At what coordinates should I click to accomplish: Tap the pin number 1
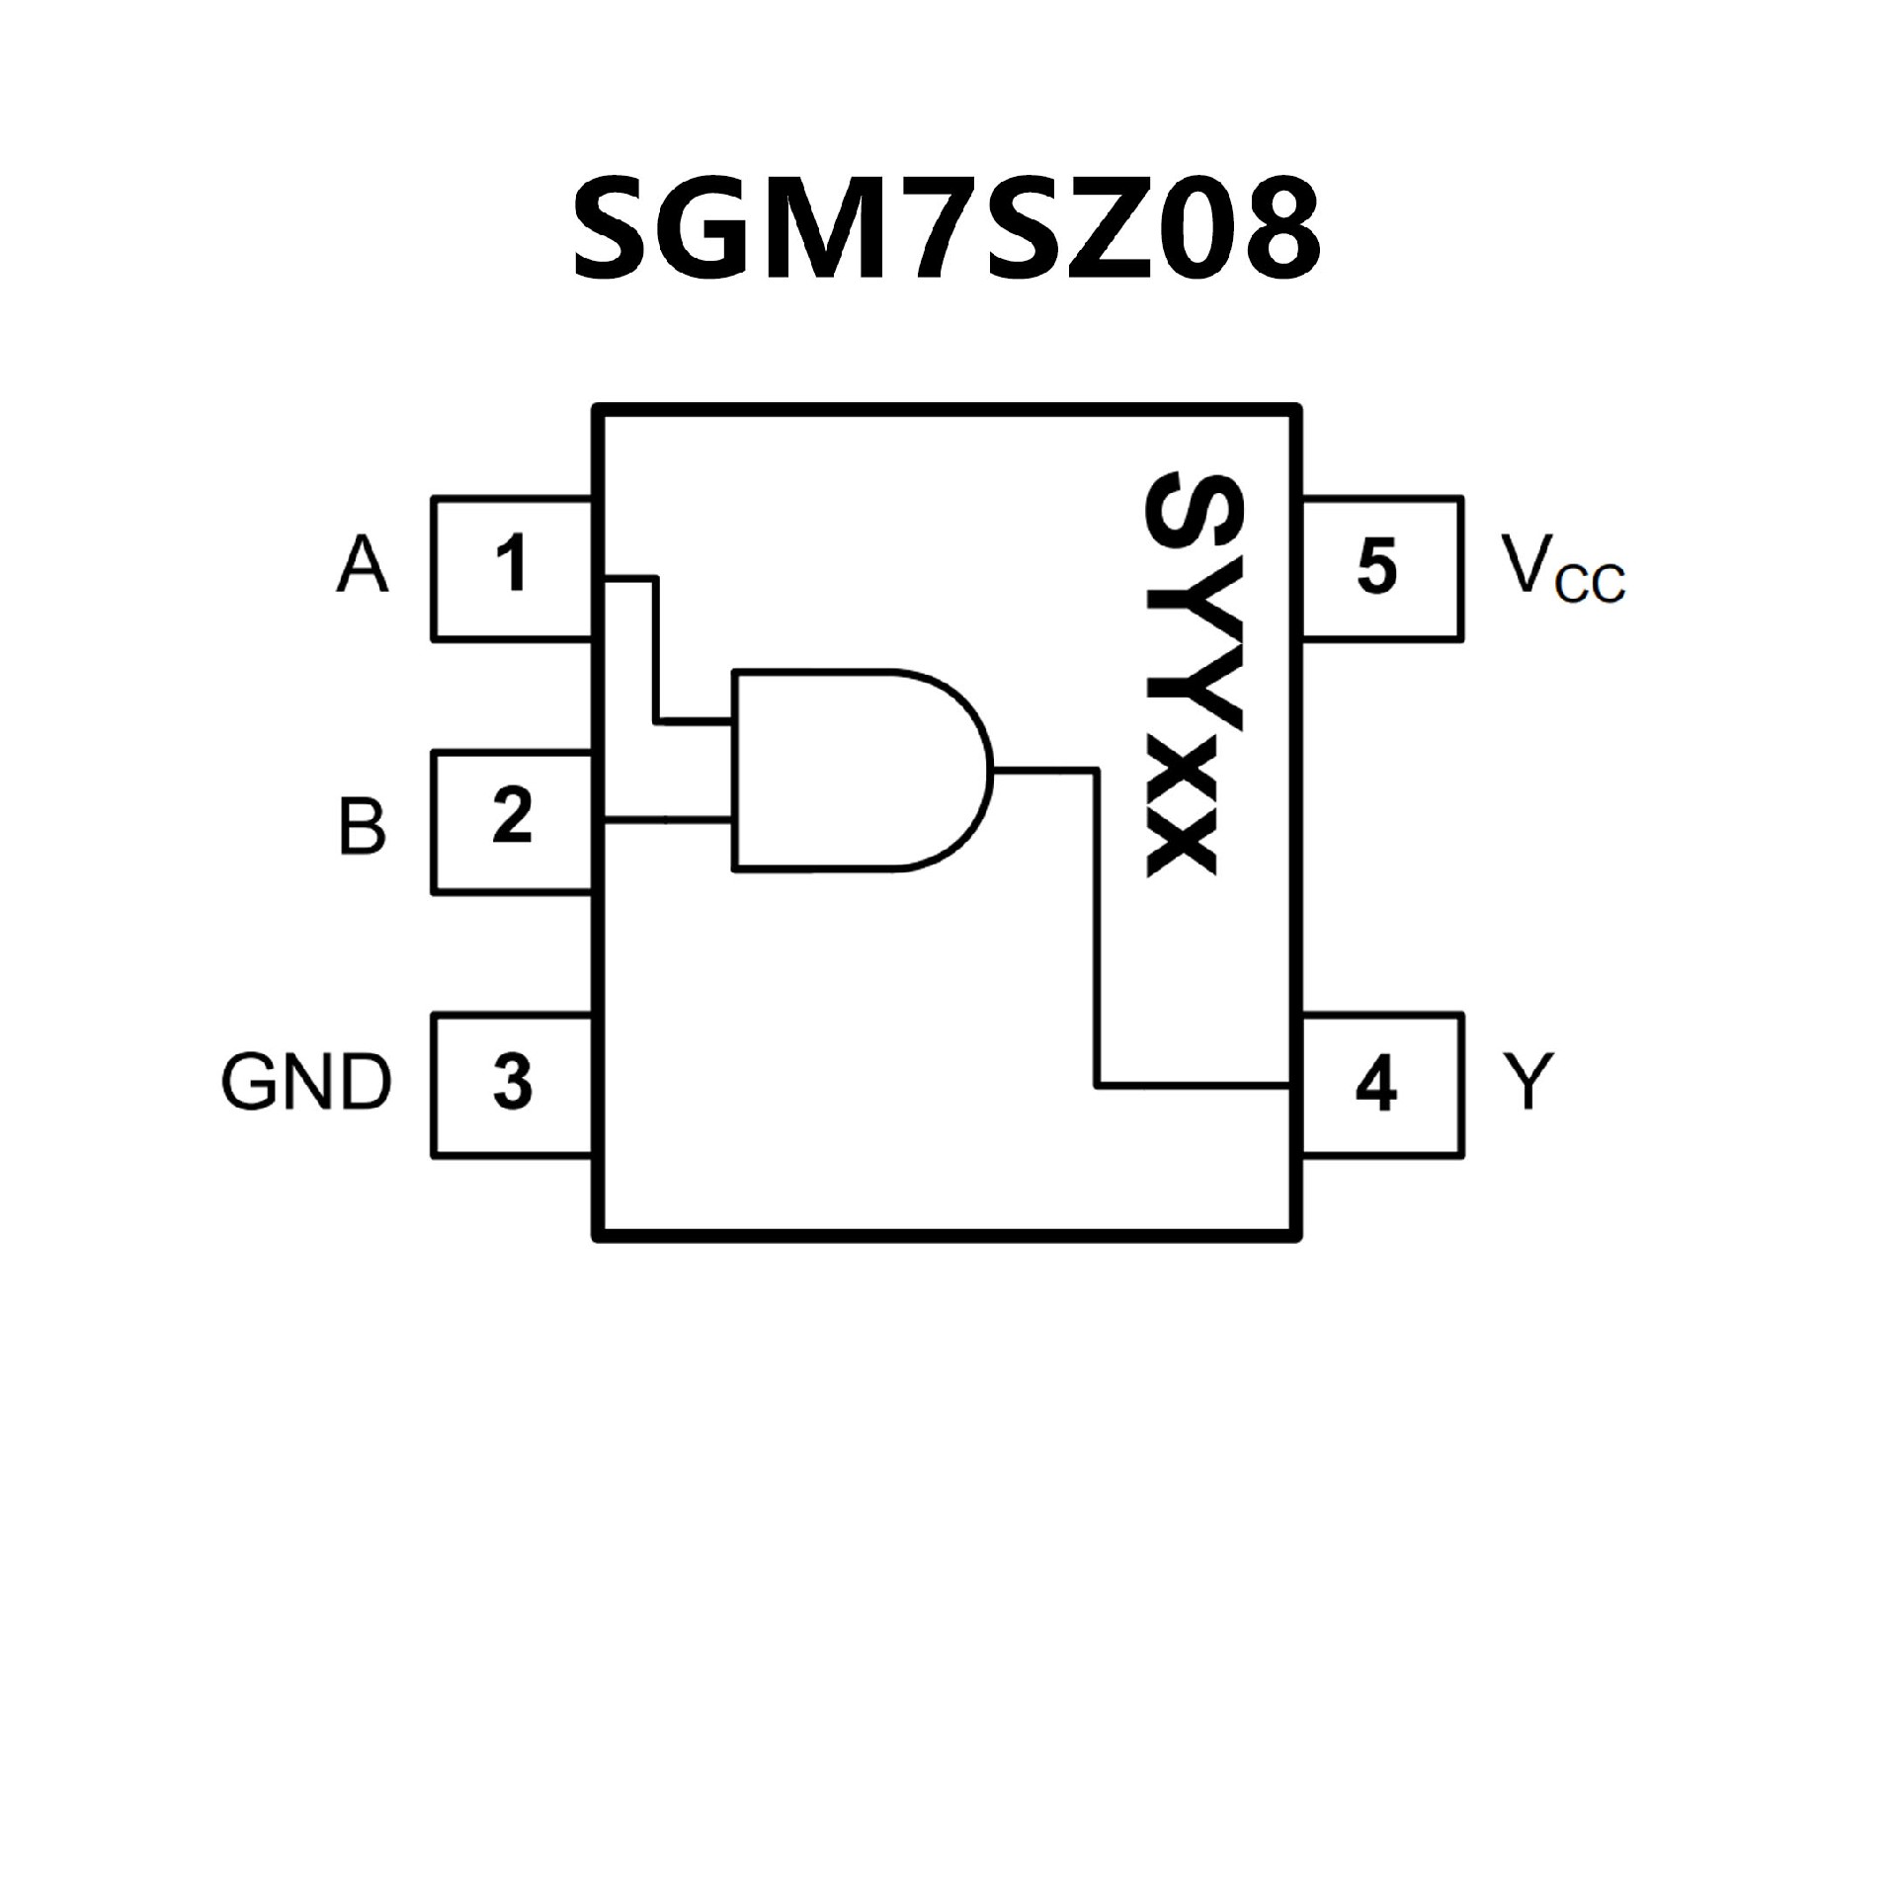coord(511,564)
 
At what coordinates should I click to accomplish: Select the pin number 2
coord(512,816)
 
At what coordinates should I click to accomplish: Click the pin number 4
coord(1376,1085)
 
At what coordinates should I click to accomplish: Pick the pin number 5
coord(1377,566)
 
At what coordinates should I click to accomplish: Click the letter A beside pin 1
coord(362,566)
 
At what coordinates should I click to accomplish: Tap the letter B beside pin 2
coord(362,826)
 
